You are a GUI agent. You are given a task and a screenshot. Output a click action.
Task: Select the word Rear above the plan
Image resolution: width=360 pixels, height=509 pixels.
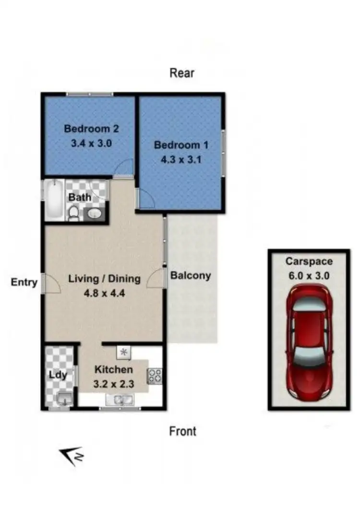click(x=182, y=73)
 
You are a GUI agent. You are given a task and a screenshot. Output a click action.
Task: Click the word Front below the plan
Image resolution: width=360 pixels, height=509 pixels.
click(x=183, y=431)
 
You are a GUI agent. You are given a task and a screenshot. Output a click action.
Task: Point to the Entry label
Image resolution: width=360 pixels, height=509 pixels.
click(x=24, y=282)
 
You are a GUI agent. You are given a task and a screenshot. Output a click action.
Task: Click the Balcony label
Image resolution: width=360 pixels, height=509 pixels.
click(x=191, y=275)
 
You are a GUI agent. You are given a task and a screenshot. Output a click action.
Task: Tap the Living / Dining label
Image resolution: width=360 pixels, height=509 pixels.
click(x=104, y=278)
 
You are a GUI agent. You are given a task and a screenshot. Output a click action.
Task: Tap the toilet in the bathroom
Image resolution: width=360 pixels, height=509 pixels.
click(x=73, y=213)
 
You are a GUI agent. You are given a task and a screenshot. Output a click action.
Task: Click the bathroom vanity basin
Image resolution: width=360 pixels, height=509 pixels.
click(x=95, y=213)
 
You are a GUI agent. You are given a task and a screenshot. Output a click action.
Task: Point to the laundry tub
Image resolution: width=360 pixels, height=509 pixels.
click(x=63, y=398)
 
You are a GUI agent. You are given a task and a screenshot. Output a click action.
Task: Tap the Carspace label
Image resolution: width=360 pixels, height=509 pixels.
click(x=309, y=261)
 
